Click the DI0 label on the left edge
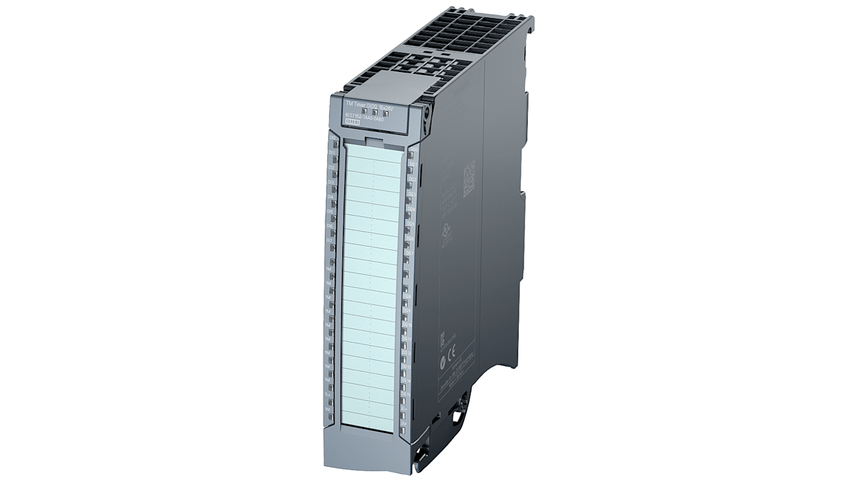coord(332,138)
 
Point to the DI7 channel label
coord(330,240)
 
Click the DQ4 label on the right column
coord(411,209)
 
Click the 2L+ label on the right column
coord(404,409)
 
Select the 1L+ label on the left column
coord(327,394)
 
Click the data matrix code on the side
coord(469,179)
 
